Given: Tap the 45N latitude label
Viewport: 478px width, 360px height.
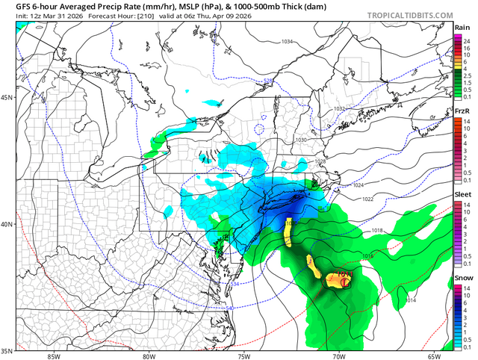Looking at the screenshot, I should (7, 98).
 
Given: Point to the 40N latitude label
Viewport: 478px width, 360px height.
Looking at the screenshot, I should (7, 225).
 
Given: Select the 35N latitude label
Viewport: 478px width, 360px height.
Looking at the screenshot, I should (7, 350).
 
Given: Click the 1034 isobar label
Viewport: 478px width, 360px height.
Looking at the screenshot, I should (287, 42).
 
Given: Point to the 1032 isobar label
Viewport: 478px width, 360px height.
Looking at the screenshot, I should (338, 109).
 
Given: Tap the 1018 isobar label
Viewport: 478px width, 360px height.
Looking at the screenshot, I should (376, 231).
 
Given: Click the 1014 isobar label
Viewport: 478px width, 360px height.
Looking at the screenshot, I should (410, 300).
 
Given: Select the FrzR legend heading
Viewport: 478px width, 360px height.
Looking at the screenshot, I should (462, 111).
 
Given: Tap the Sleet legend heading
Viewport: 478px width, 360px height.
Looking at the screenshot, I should (462, 193).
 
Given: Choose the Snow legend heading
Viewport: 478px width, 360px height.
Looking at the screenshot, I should (462, 276).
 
